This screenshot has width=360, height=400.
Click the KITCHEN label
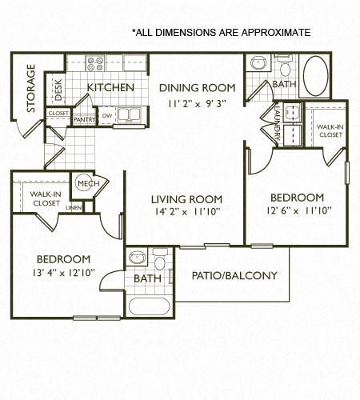(x=110, y=87)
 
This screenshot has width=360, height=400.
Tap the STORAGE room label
(x=31, y=88)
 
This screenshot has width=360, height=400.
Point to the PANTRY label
(x=84, y=119)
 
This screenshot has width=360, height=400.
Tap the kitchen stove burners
(x=95, y=63)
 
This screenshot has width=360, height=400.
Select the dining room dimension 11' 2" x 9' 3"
(x=196, y=102)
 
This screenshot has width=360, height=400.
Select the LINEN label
(x=73, y=208)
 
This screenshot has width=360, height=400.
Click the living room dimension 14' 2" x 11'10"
(x=183, y=211)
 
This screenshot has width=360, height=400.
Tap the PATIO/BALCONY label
(x=234, y=276)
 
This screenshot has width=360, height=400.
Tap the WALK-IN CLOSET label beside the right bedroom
(x=329, y=130)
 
